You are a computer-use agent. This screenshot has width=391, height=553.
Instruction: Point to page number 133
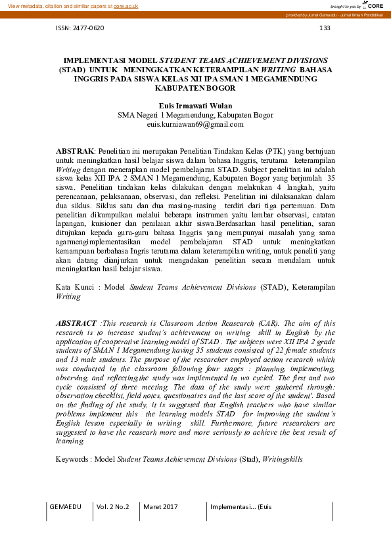[324, 28]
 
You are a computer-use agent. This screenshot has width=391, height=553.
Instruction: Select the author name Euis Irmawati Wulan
[195, 105]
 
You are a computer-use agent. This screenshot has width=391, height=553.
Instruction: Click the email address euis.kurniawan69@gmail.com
[195, 123]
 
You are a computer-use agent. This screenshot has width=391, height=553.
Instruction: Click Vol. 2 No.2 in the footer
[113, 507]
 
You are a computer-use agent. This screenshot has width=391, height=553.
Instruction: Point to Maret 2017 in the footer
[160, 507]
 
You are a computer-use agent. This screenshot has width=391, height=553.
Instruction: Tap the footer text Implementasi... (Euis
[241, 507]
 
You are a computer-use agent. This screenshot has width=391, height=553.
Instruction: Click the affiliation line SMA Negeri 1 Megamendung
[195, 114]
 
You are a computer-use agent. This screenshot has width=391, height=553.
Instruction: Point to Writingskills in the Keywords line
[283, 460]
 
